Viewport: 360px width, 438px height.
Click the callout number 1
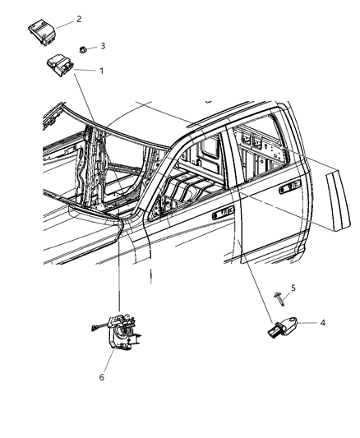[x=101, y=71]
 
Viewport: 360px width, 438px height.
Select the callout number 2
[x=101, y=18]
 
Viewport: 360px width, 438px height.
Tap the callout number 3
[x=103, y=46]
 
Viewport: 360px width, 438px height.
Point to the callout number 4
[x=323, y=323]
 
